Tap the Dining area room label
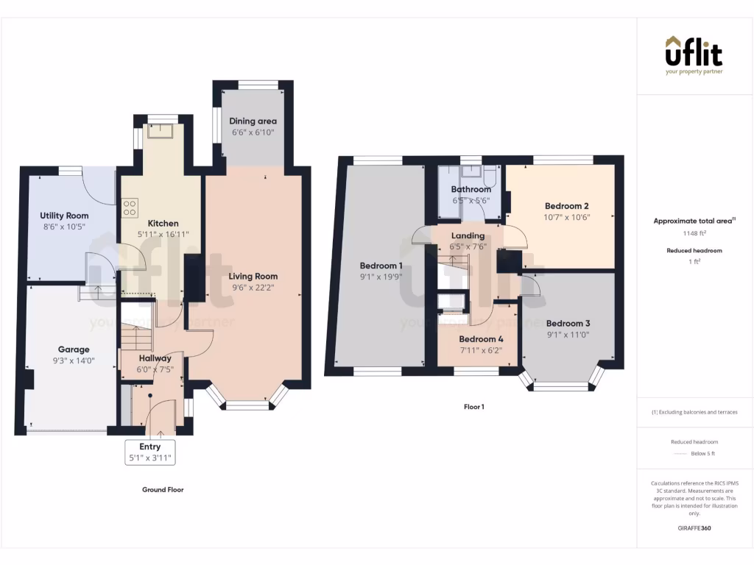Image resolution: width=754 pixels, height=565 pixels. [253, 121]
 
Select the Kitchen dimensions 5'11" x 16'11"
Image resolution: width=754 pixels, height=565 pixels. [163, 235]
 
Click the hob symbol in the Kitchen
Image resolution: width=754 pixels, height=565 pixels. [130, 208]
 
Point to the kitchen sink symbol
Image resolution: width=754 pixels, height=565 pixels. [158, 131]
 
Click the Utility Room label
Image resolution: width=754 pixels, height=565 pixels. [64, 216]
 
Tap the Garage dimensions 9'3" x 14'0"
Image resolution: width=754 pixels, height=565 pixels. [74, 361]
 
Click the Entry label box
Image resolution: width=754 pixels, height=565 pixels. [150, 452]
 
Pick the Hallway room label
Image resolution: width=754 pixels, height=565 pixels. [155, 358]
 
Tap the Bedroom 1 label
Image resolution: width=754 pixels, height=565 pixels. [381, 266]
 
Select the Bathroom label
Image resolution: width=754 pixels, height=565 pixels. [471, 189]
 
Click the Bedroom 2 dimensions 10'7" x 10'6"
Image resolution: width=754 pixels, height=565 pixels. [567, 217]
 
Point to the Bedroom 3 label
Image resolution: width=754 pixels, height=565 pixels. [568, 323]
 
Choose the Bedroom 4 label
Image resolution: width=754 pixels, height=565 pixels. [481, 339]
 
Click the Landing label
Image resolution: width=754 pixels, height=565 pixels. [468, 235]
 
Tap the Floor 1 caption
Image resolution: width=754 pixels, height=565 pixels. [473, 407]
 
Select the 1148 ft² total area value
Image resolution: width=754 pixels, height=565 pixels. [694, 234]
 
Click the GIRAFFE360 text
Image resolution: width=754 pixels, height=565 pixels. [694, 528]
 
